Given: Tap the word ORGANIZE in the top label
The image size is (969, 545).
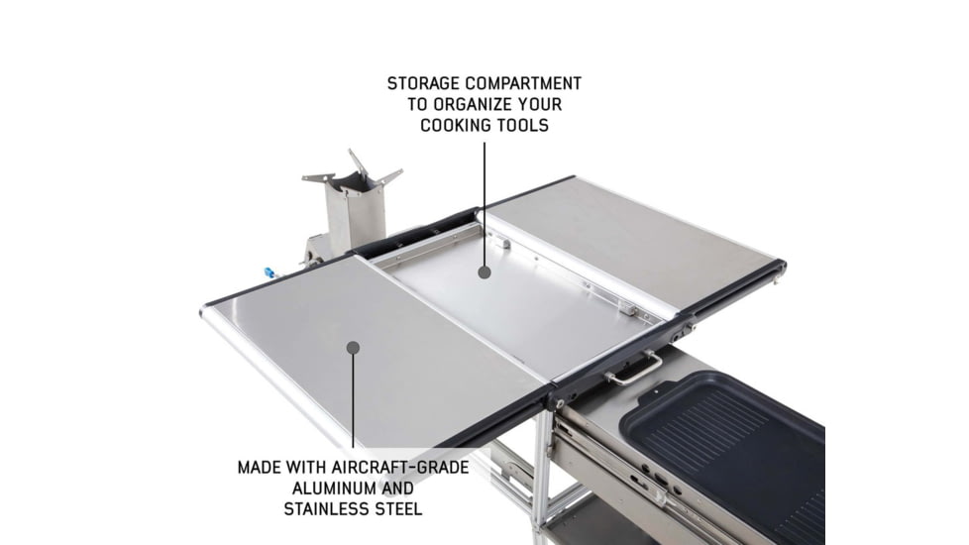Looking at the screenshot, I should tap(479, 104).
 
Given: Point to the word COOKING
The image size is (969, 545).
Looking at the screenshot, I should tap(459, 126).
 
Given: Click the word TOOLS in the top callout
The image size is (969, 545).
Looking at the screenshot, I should tap(525, 126).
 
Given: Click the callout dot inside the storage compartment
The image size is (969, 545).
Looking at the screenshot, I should tap(484, 270).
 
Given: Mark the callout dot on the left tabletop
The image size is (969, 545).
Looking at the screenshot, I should tap(353, 346).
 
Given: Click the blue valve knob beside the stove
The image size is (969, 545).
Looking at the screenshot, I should tap(269, 272).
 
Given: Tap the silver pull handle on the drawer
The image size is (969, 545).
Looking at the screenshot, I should tap(634, 369).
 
